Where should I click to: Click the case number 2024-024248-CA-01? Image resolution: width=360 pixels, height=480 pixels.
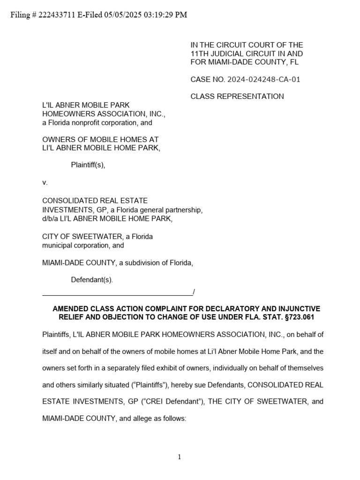[x=264, y=79]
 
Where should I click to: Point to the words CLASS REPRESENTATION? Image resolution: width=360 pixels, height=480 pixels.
[x=237, y=97]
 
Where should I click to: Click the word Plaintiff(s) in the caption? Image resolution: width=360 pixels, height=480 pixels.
[x=88, y=165]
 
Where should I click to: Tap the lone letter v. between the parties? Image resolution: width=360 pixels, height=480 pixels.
[x=45, y=182]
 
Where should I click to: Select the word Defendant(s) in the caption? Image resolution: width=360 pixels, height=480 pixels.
[x=92, y=280]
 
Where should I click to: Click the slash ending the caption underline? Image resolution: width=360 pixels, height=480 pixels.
[x=194, y=292]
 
